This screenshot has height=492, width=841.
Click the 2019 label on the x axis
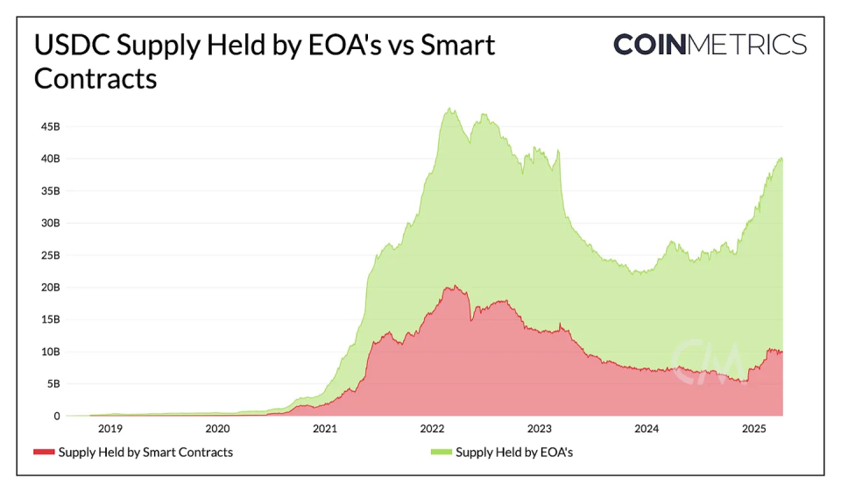click(110, 429)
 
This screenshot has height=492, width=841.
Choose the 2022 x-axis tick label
click(433, 429)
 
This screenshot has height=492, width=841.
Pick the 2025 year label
click(754, 429)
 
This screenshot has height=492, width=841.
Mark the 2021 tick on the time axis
click(325, 429)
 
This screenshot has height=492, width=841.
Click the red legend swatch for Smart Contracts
click(44, 453)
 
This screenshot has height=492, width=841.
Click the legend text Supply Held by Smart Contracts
click(145, 453)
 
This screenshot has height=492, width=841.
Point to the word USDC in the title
click(74, 46)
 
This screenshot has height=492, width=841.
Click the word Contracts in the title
click(95, 78)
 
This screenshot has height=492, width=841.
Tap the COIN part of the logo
click(649, 45)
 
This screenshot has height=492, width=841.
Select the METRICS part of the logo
click(747, 45)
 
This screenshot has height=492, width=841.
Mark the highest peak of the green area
click(449, 109)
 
